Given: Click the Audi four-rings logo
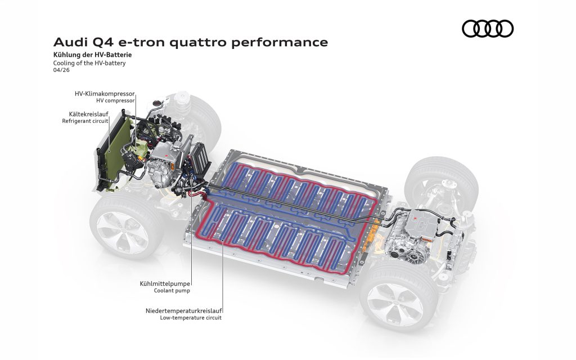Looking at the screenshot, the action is [x=488, y=29].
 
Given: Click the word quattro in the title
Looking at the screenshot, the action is [x=199, y=43].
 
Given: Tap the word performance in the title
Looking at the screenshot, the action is [x=280, y=43].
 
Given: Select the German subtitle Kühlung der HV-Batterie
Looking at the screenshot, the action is [x=92, y=55].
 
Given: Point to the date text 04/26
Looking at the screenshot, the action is [x=61, y=70].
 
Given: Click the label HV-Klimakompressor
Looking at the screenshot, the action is [x=105, y=94].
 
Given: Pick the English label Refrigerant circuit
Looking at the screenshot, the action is [x=85, y=121].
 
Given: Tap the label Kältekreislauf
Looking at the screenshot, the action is [x=88, y=114].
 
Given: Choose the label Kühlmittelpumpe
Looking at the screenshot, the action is [x=165, y=283].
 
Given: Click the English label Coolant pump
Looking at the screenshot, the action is [x=172, y=291].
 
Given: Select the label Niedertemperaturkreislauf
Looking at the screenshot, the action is [x=184, y=310].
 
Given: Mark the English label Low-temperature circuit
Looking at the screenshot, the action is [x=191, y=318].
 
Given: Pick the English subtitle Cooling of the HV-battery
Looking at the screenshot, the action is [x=89, y=63].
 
